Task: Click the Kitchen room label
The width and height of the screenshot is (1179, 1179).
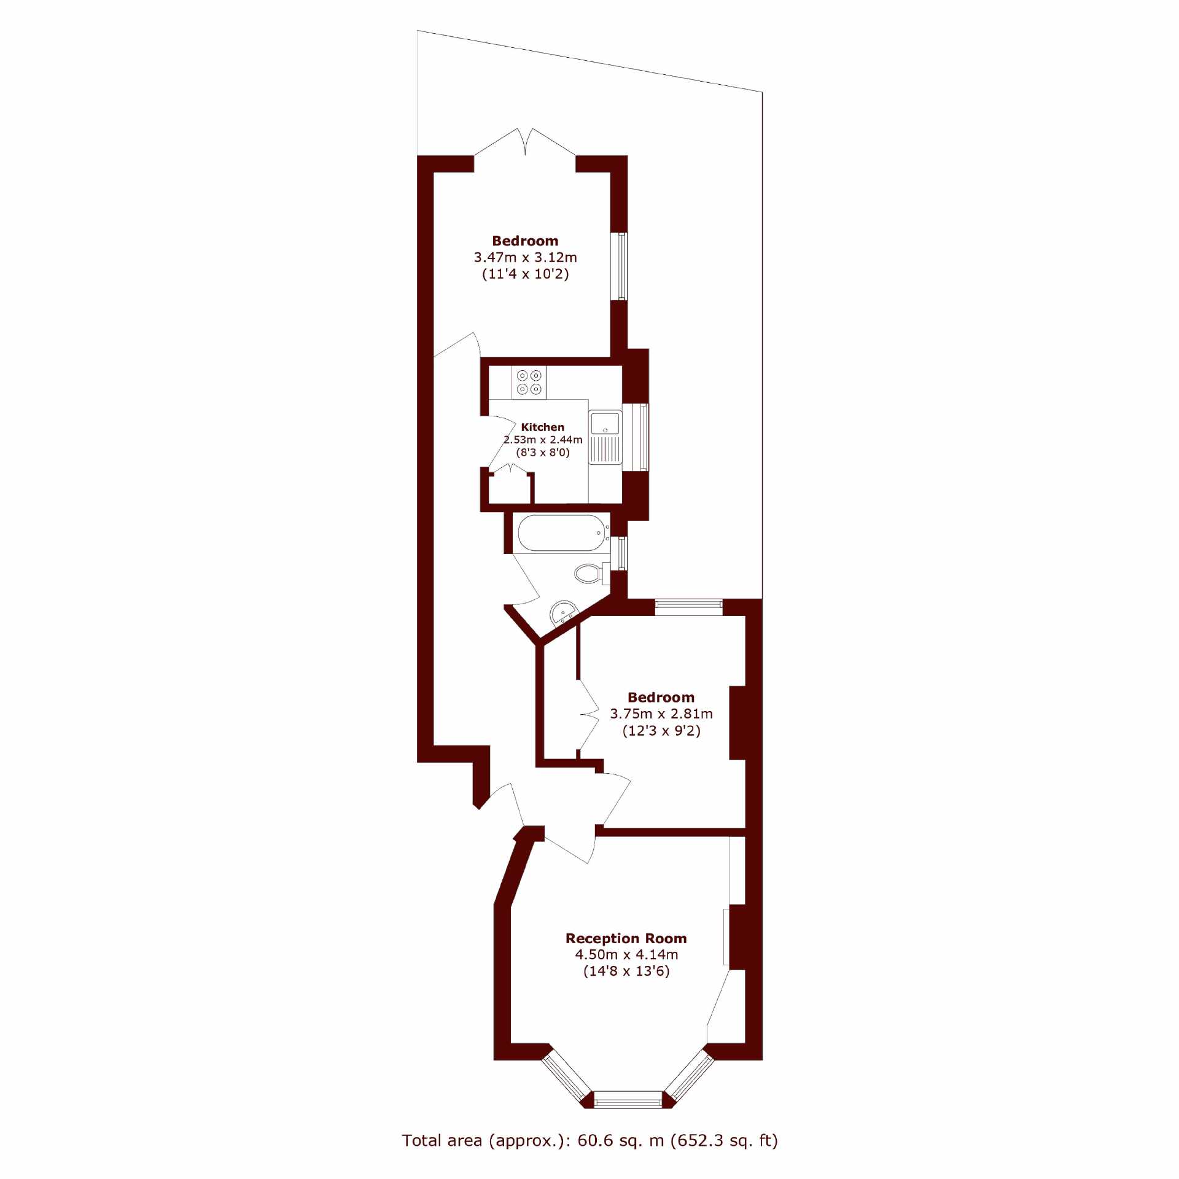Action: (x=542, y=427)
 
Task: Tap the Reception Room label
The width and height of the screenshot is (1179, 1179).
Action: (x=626, y=938)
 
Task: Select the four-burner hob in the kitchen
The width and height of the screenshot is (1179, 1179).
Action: (x=529, y=382)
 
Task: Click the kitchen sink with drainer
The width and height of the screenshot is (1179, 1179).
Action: (x=605, y=437)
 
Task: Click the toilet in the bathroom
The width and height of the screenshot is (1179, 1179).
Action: (x=591, y=573)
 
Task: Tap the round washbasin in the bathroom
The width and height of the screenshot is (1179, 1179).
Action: (x=564, y=613)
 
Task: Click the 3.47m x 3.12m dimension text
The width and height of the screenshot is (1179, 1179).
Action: (x=525, y=257)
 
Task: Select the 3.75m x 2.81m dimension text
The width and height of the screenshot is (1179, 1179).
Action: (x=661, y=714)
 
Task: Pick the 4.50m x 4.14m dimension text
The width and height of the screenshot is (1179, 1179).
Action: (x=626, y=954)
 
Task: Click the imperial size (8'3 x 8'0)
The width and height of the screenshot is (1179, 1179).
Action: (x=543, y=453)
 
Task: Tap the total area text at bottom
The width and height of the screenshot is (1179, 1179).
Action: (x=589, y=1140)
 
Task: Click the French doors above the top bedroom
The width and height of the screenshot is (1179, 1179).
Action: (x=525, y=142)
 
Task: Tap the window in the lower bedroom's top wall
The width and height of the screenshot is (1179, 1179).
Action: (x=688, y=607)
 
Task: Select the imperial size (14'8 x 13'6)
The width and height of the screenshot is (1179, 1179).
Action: (x=626, y=971)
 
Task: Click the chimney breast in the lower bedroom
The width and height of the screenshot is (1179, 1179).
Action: (x=737, y=723)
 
